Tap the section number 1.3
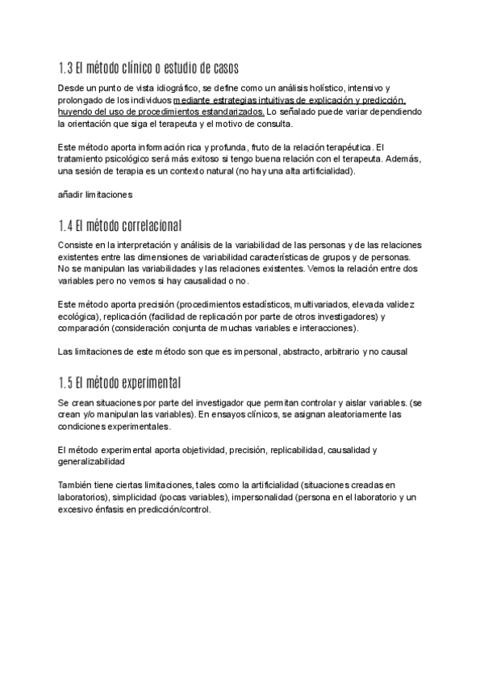[x=67, y=66]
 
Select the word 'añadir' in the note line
[x=71, y=195]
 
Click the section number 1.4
[x=67, y=224]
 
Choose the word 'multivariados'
[x=325, y=304]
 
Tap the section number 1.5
[x=67, y=381]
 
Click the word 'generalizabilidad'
[x=91, y=461]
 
